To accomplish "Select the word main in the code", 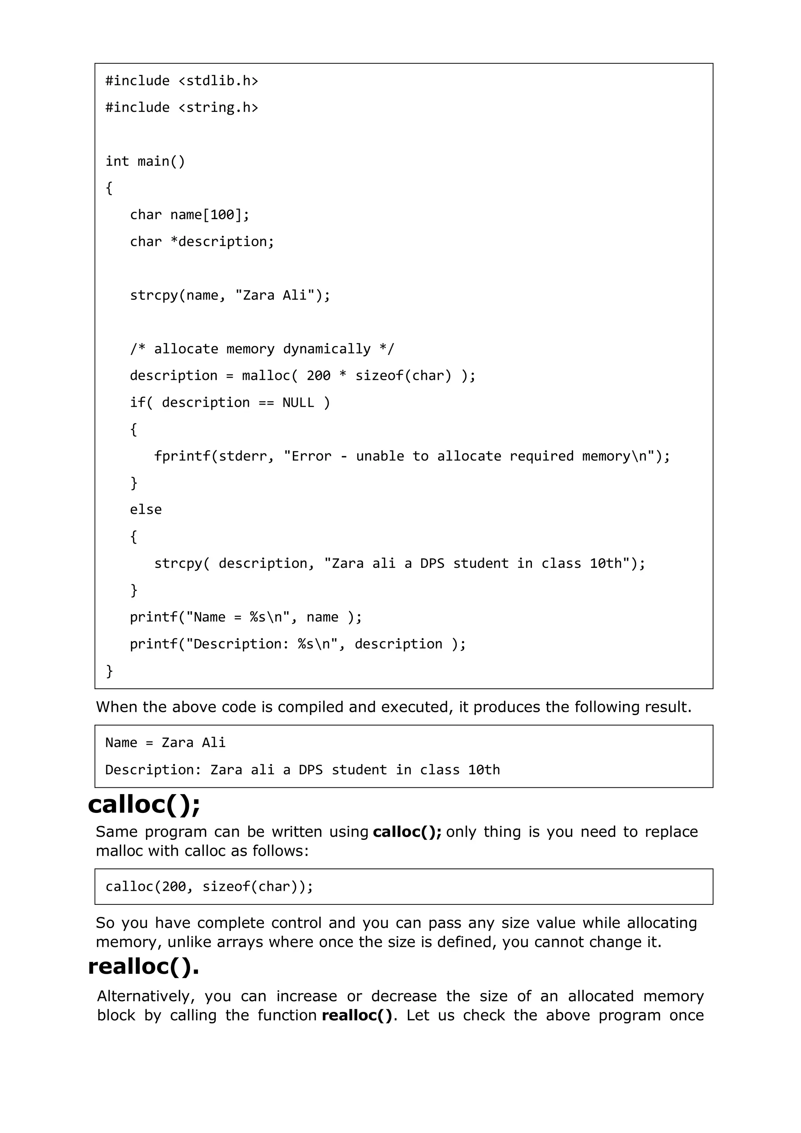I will click(153, 161).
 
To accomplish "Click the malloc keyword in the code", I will click(266, 376).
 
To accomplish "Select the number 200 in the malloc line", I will click(318, 376).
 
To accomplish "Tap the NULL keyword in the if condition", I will click(298, 403).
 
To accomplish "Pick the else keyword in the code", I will click(145, 510).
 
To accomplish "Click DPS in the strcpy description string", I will click(432, 564).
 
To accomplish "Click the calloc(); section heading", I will click(144, 805).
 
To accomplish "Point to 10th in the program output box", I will click(484, 770).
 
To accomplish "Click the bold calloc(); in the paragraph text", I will click(407, 832).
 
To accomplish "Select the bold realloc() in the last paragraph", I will click(357, 1016).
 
